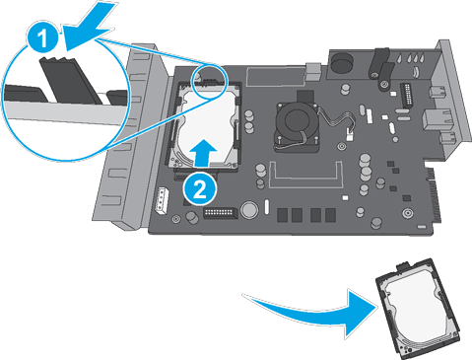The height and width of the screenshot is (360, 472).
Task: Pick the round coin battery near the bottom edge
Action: point(250,210)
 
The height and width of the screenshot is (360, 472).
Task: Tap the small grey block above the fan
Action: point(313,71)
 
